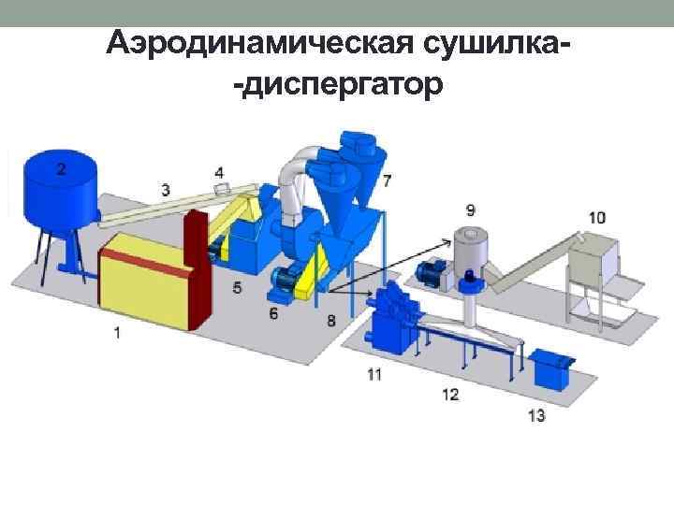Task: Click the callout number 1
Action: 116,332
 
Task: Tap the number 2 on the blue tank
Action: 61,168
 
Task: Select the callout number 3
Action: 166,190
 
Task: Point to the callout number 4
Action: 219,172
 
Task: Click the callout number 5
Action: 237,288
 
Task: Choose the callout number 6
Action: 273,314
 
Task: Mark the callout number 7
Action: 387,179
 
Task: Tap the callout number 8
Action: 331,320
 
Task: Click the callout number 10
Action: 597,218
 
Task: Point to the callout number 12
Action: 450,395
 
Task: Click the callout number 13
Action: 536,415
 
